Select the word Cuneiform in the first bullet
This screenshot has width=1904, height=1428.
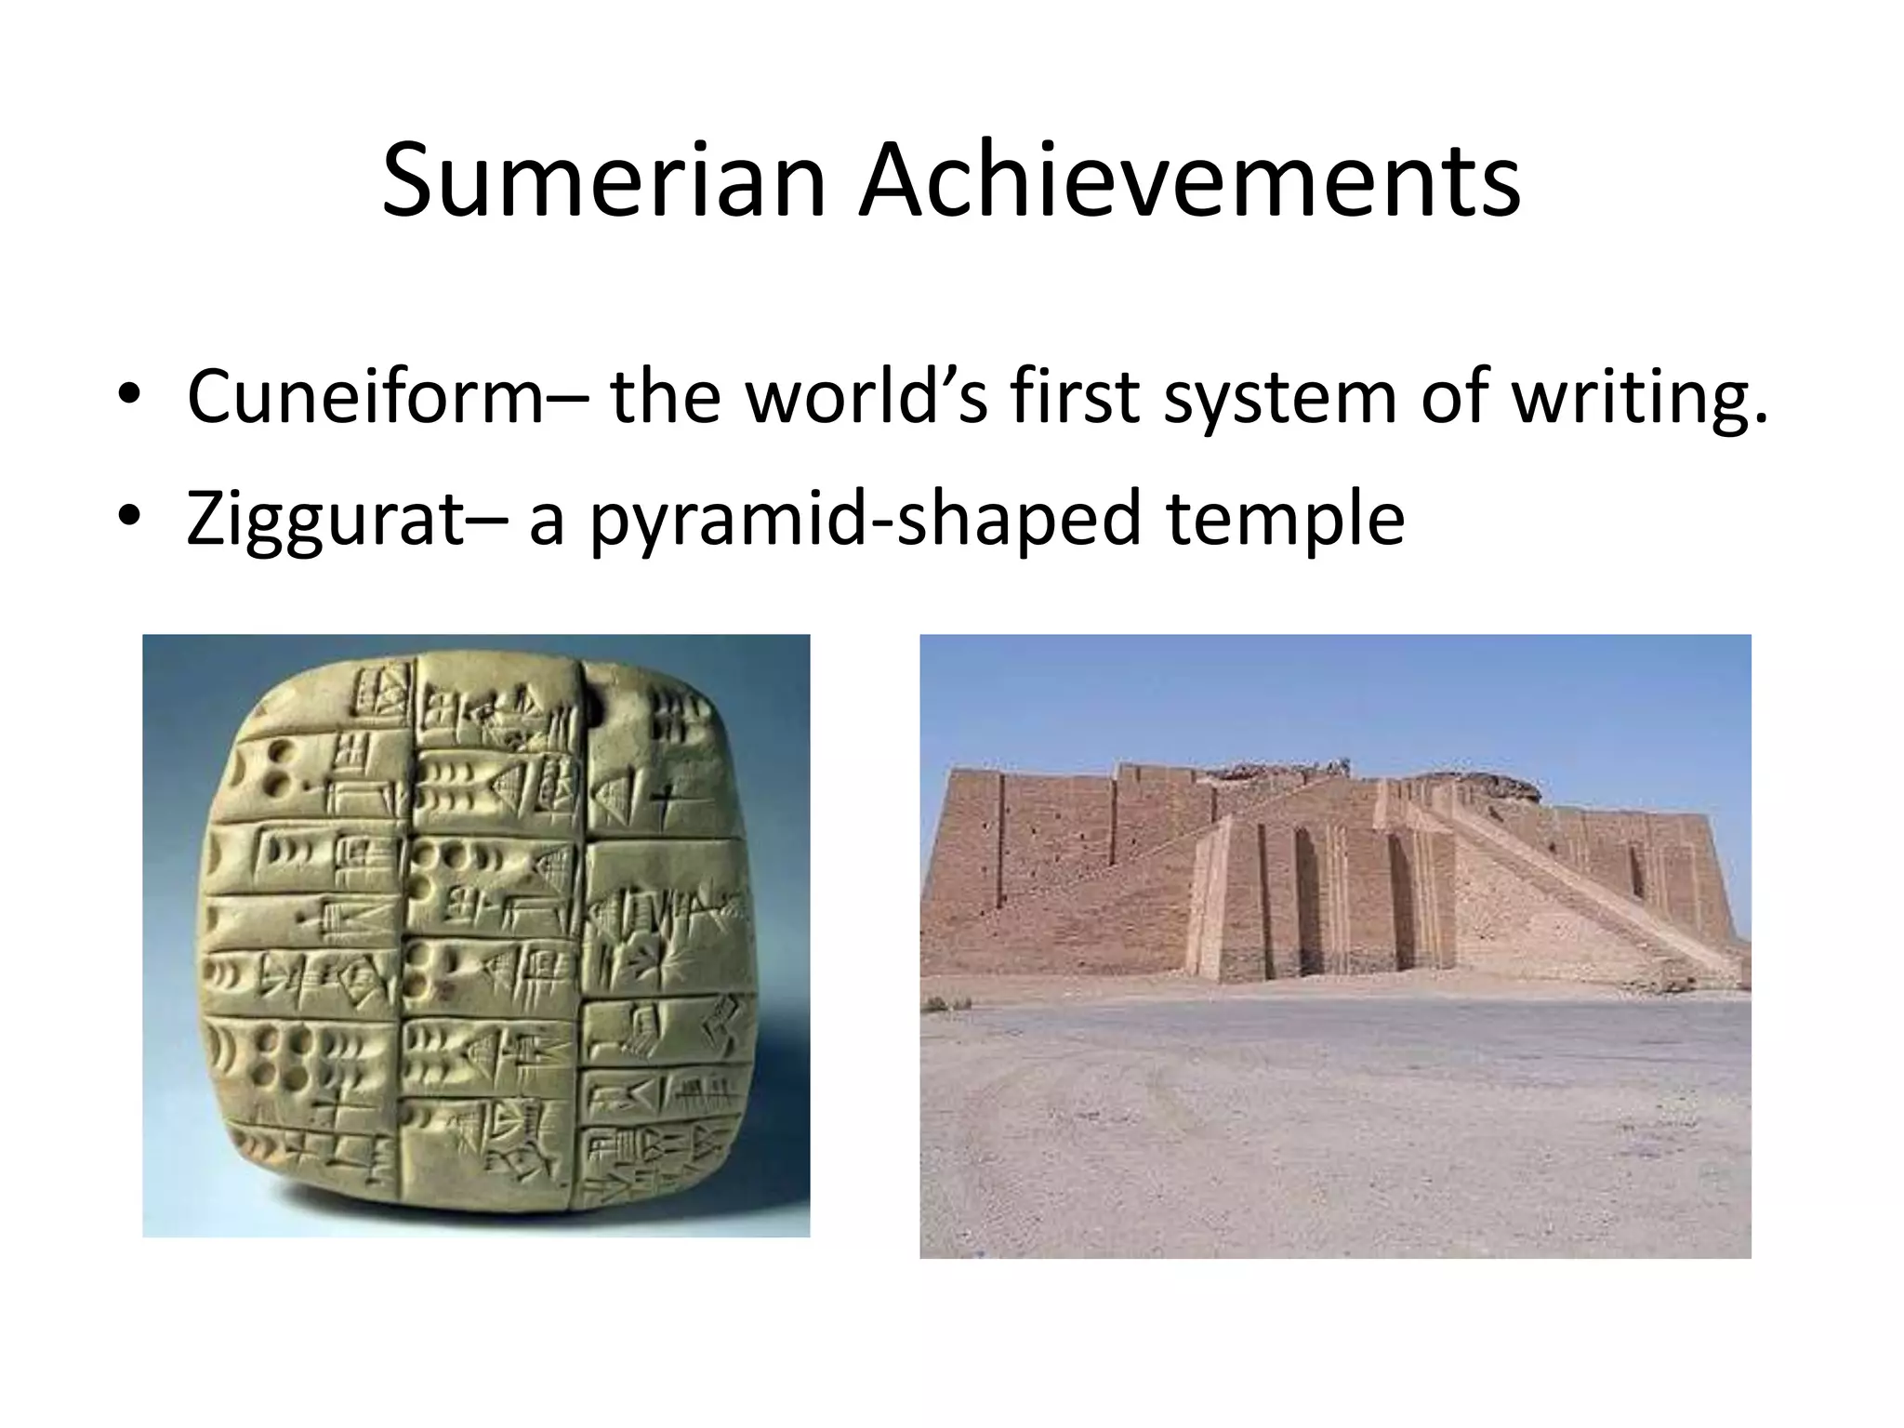coord(364,397)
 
